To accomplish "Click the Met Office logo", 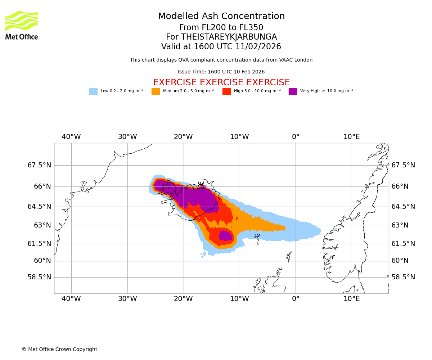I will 22,25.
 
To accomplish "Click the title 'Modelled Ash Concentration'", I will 221,17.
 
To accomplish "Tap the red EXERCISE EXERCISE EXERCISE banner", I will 221,82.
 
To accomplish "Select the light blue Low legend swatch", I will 93,91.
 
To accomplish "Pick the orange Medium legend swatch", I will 156,91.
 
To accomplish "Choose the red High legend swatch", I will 226,91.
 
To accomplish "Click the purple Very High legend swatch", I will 293,91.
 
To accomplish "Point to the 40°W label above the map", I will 71,137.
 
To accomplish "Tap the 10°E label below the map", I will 351,299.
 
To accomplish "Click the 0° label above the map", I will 296,137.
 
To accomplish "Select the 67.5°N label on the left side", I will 39,165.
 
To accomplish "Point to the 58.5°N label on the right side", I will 403,277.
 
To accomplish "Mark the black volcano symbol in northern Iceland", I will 201,186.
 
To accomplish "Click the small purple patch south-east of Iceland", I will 225,236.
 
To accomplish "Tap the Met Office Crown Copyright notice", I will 59,350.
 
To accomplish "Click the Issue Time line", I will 221,72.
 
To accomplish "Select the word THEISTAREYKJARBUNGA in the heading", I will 229,37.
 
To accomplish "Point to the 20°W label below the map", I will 183,299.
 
